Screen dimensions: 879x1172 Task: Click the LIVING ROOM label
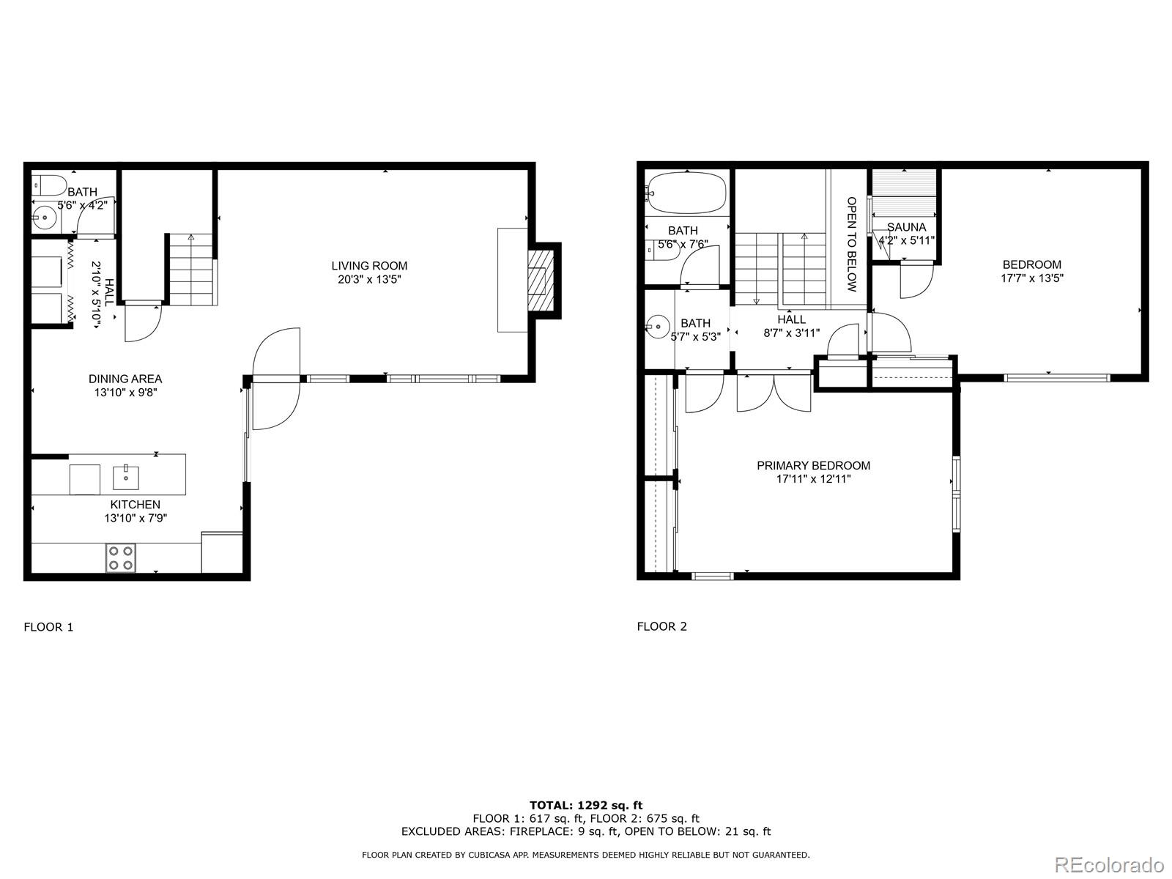[369, 266]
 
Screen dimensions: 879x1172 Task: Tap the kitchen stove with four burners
[120, 557]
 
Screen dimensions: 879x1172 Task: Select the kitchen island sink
[126, 477]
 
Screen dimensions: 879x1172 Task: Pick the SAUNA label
[906, 227]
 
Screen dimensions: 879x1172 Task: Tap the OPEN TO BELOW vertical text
[851, 244]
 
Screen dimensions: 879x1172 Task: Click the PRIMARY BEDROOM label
[813, 466]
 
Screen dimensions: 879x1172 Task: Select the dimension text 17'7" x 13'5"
[1031, 278]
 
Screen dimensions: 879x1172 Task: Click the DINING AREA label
[125, 379]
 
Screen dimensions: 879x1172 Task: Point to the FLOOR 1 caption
[48, 627]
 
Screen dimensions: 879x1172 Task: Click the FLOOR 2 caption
[661, 626]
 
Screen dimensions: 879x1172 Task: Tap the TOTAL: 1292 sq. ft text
[586, 805]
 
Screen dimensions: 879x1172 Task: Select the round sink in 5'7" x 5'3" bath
[658, 325]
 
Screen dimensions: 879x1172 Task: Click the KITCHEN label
[135, 505]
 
